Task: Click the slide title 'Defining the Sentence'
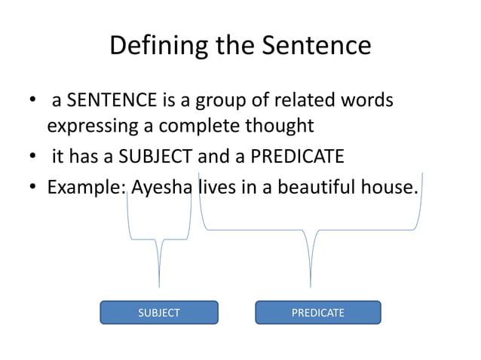(x=240, y=46)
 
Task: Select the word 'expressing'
(x=84, y=124)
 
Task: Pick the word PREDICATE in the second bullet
(x=297, y=157)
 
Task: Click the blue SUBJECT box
(x=159, y=313)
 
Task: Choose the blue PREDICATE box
(x=317, y=313)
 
